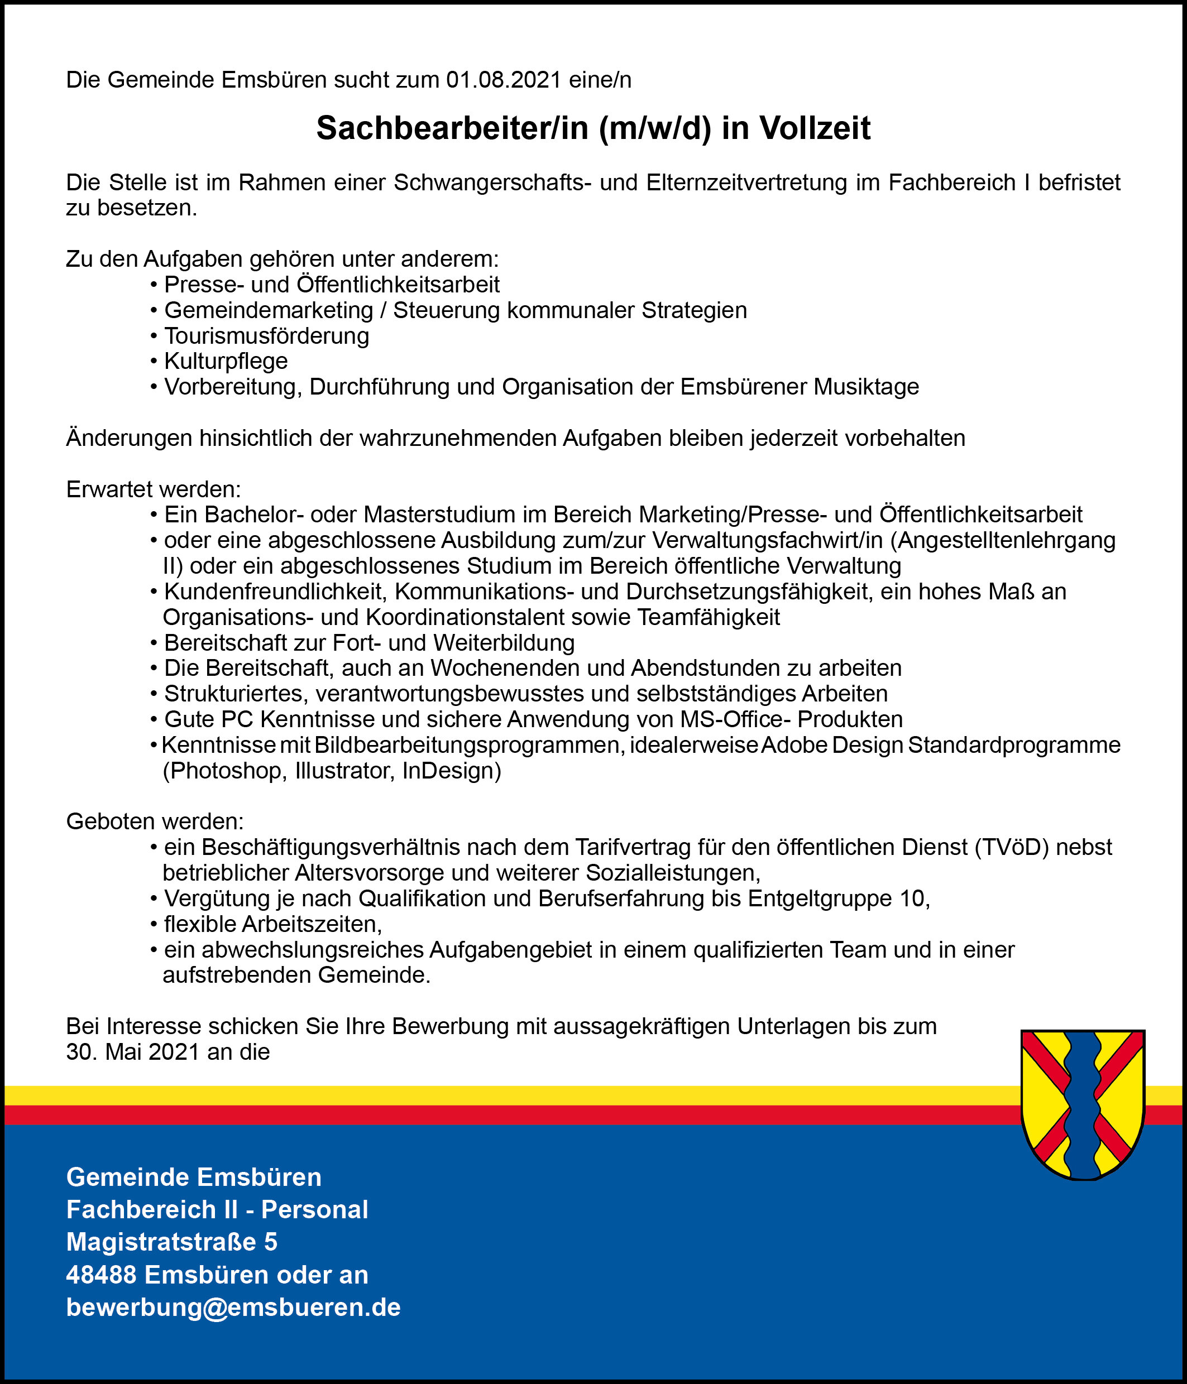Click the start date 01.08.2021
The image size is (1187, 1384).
503,80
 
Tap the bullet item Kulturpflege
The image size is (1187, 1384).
226,362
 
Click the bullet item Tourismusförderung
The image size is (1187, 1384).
267,336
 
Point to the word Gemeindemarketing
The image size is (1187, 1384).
269,311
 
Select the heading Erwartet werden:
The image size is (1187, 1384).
154,489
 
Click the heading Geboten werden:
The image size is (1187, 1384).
155,821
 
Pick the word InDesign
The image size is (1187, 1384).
451,771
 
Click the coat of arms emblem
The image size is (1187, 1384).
1083,1104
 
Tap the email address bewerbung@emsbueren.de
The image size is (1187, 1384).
233,1307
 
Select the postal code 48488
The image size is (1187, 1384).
101,1275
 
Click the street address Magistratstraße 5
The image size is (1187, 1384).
172,1242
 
